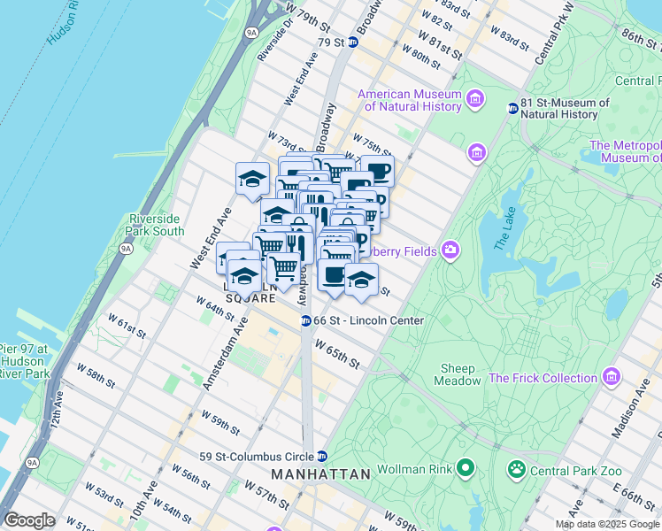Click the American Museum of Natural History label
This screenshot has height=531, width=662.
coord(409,100)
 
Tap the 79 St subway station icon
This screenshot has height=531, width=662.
coord(353,42)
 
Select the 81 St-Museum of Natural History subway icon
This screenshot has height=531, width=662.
coord(512,108)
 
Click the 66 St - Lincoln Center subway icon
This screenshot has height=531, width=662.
coord(304,320)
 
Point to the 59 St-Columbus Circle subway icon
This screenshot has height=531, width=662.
coord(322,456)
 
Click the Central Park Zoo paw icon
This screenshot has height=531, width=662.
coord(515,468)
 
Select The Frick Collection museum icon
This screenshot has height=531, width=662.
coord(611,378)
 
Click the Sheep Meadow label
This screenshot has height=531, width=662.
coord(458,374)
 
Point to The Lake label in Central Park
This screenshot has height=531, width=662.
coord(504,227)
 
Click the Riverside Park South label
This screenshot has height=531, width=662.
coord(157,225)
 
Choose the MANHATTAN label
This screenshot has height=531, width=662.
coord(320,474)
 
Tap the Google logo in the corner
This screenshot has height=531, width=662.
coord(29,520)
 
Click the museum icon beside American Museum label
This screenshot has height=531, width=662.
coord(476,98)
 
